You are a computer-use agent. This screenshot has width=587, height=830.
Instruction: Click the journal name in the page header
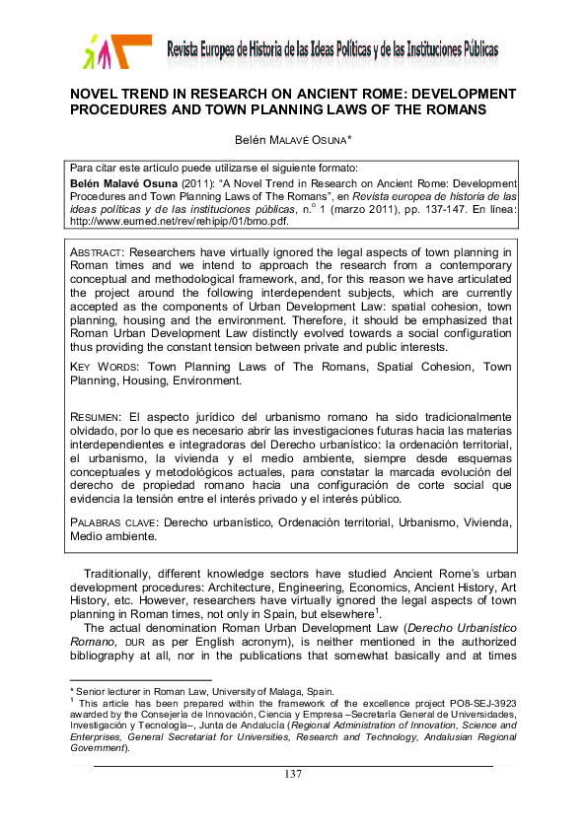(x=332, y=50)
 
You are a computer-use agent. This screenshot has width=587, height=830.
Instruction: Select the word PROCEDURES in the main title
(x=123, y=110)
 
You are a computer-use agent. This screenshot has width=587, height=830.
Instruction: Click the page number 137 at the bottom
(x=292, y=775)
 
